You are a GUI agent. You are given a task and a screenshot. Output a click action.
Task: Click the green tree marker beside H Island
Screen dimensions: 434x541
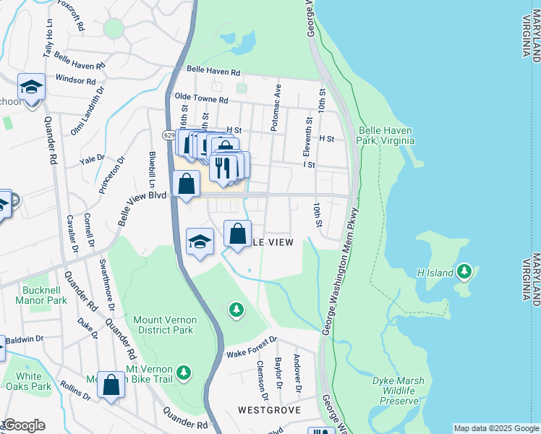(464, 272)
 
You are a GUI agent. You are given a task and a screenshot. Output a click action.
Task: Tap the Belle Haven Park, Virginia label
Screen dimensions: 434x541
(386, 135)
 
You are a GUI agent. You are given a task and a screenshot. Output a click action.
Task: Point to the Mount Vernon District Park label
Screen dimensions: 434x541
(163, 324)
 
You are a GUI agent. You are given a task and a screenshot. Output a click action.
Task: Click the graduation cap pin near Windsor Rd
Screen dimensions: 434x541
(32, 88)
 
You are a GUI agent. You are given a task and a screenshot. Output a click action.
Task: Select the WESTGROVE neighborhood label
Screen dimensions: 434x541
(269, 409)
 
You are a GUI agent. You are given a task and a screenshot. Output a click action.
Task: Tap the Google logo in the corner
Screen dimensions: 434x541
(23, 425)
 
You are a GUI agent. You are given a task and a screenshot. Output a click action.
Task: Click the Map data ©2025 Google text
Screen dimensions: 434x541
(496, 428)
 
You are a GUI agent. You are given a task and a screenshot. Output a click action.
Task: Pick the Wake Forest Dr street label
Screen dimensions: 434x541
(251, 347)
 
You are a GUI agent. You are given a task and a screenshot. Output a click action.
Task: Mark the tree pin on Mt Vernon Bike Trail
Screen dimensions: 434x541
(185, 372)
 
